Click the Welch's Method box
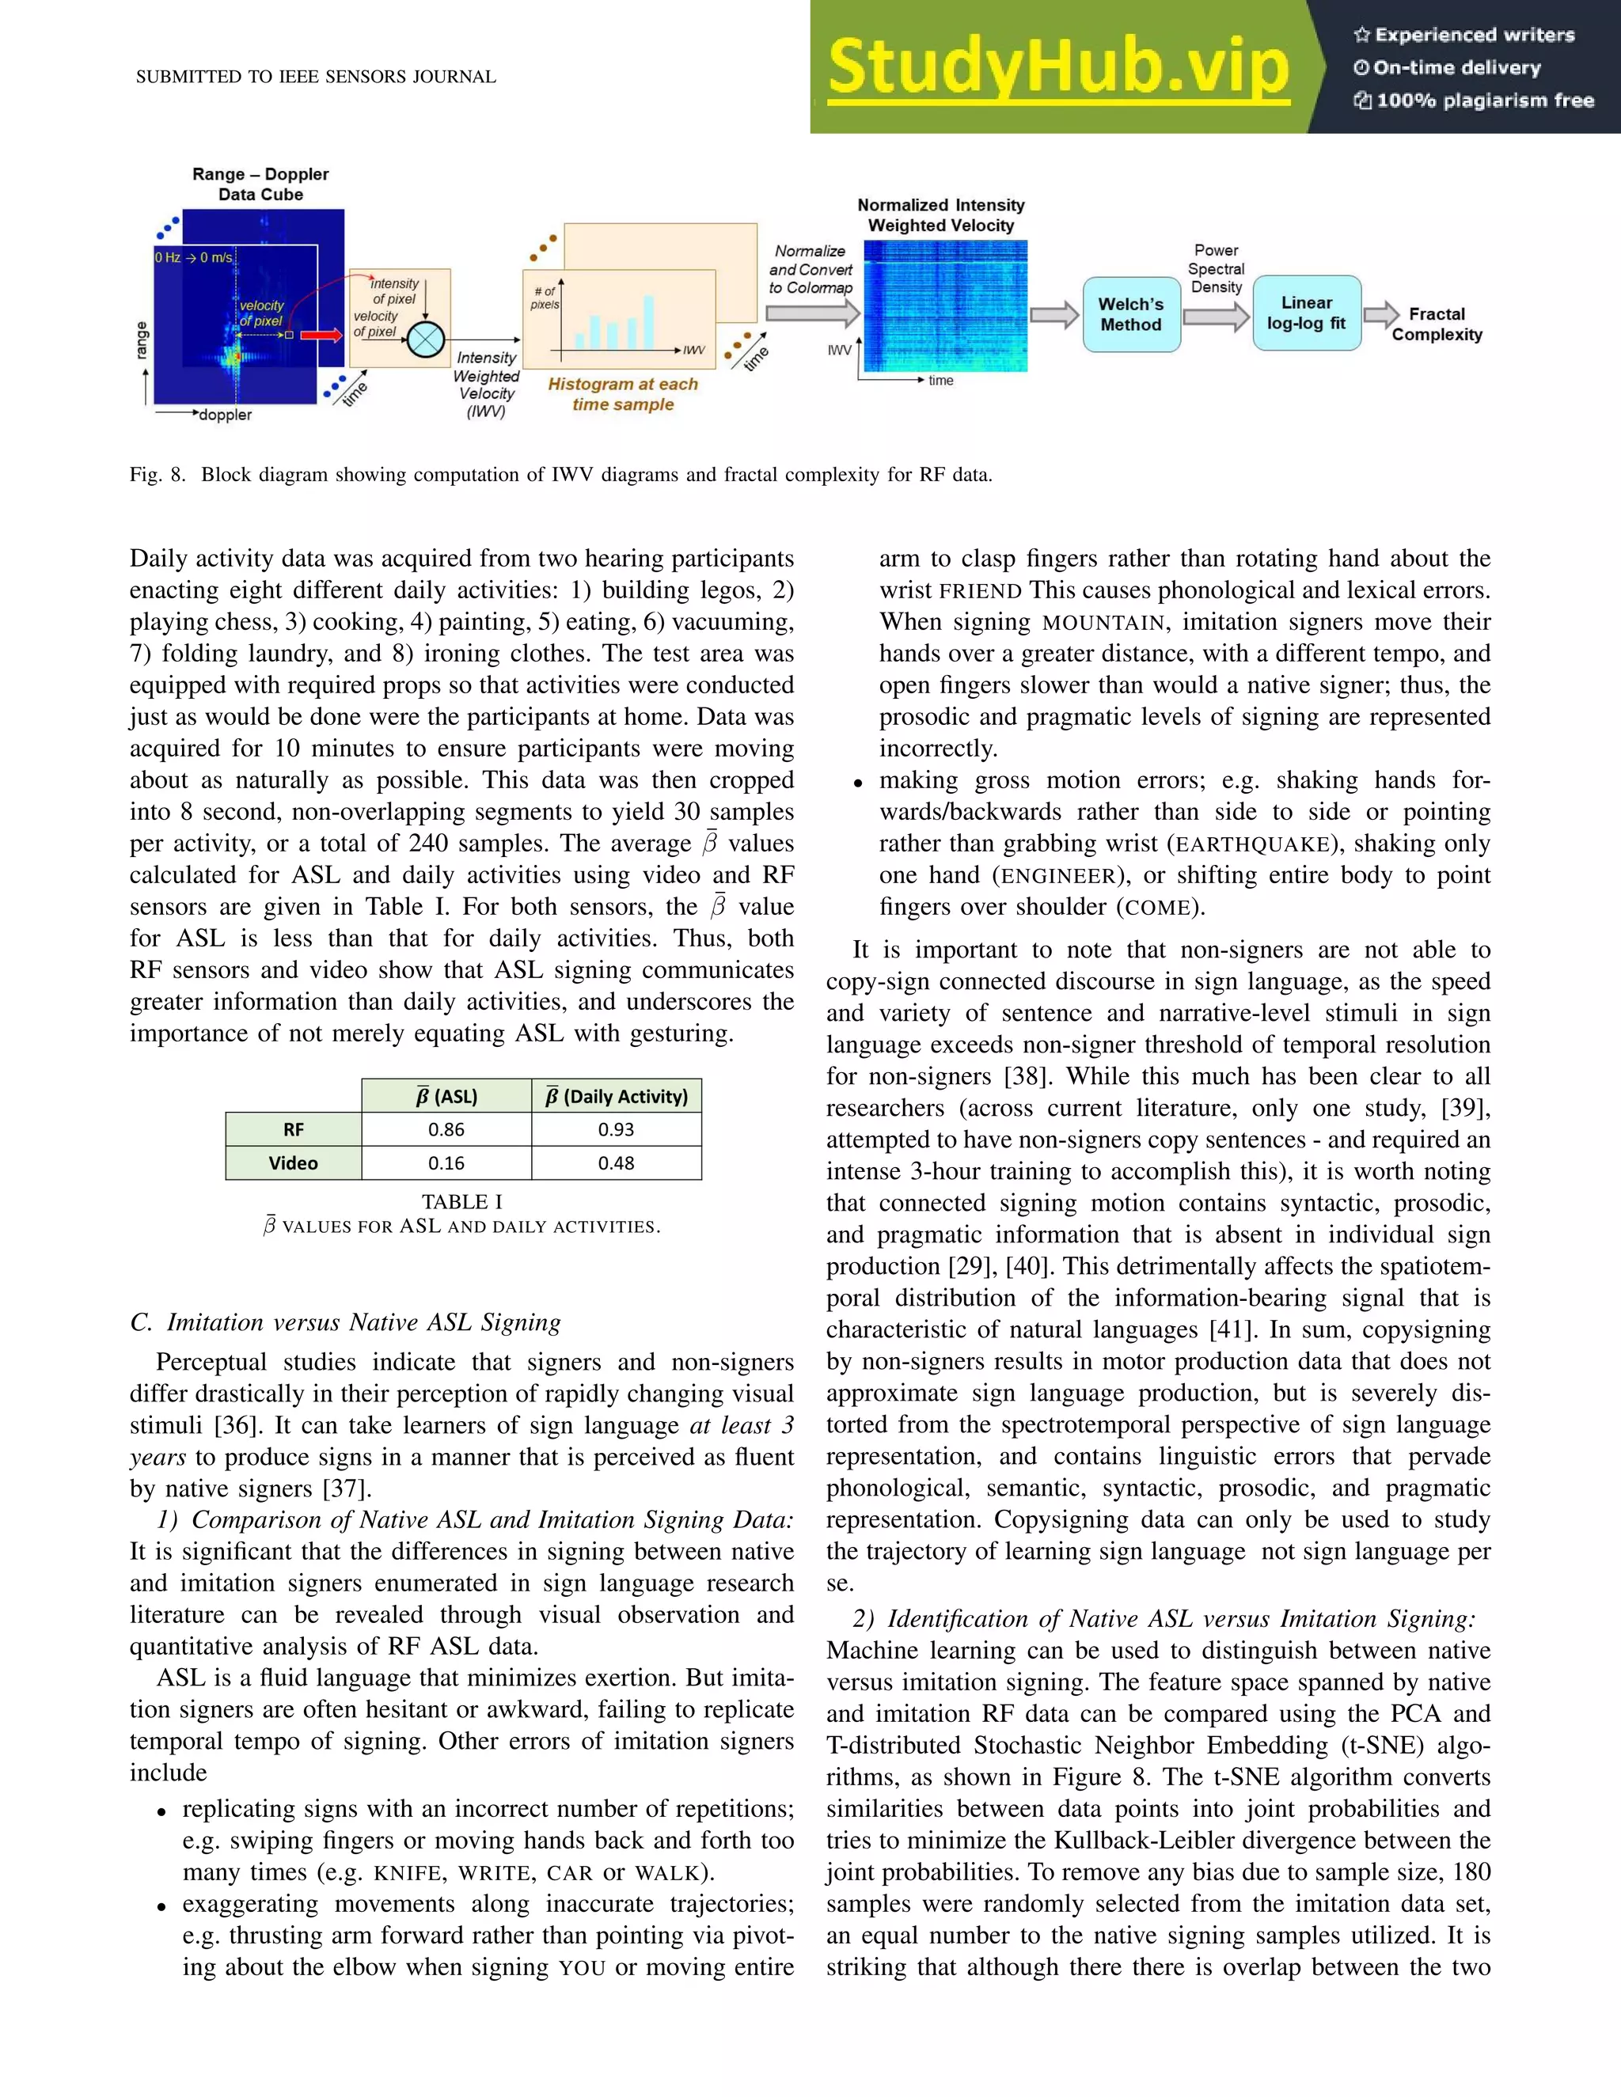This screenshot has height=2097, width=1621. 1130,314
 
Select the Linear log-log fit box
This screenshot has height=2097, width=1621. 1306,313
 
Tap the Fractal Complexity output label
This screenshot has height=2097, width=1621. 1437,324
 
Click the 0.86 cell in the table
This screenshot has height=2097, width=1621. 446,1129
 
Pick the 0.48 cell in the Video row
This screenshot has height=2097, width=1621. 616,1162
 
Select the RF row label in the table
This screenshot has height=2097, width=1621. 293,1129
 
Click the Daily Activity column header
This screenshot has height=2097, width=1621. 617,1097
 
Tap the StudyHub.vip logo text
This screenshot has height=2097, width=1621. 1058,67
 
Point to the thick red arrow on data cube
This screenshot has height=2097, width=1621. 321,335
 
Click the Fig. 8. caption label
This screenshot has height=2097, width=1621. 158,474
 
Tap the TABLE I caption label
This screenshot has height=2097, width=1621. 462,1201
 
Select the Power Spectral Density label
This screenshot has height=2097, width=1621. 1216,269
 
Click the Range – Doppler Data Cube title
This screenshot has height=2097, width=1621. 260,184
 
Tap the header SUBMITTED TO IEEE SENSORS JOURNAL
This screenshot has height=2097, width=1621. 316,77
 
